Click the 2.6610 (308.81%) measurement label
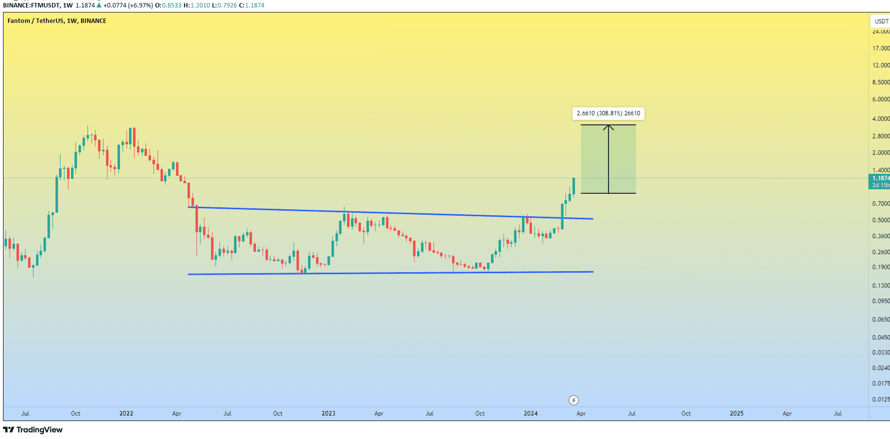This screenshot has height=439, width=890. coord(608,113)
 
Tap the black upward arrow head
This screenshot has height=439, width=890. coord(608,128)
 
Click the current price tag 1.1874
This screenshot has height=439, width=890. coord(880,178)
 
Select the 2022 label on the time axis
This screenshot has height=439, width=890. coord(126,414)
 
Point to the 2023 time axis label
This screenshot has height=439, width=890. coord(328,414)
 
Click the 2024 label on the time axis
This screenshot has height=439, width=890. coord(530,414)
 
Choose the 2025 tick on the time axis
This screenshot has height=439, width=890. coord(736,414)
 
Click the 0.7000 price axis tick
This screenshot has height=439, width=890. coord(880,204)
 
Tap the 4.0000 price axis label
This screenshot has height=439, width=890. coord(880,119)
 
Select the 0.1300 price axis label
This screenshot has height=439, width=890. coord(880,286)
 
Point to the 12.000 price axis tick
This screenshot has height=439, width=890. coord(880,65)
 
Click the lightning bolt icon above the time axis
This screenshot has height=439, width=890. coord(573,400)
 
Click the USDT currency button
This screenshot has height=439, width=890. coord(881,21)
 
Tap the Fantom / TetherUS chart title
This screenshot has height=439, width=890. coord(56,21)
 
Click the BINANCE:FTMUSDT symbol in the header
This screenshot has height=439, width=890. coord(31,5)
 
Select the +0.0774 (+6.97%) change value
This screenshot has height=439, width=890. coord(128,5)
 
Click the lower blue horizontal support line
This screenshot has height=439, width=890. coord(390,273)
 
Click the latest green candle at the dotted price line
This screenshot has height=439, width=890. coord(573,186)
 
